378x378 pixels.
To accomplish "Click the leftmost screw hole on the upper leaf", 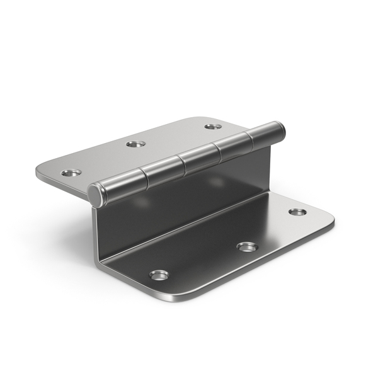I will point(71,172).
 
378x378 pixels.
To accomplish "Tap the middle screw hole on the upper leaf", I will point(135,144).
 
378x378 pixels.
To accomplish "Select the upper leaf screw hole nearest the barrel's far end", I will point(212,127).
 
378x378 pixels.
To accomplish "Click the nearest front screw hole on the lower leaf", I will point(159,275).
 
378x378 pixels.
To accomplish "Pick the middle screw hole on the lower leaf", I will point(247,246).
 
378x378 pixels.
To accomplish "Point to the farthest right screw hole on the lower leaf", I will point(297,212).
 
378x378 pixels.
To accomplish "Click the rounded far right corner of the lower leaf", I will point(329,220).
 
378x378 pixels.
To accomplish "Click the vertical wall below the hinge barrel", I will point(189,202).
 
